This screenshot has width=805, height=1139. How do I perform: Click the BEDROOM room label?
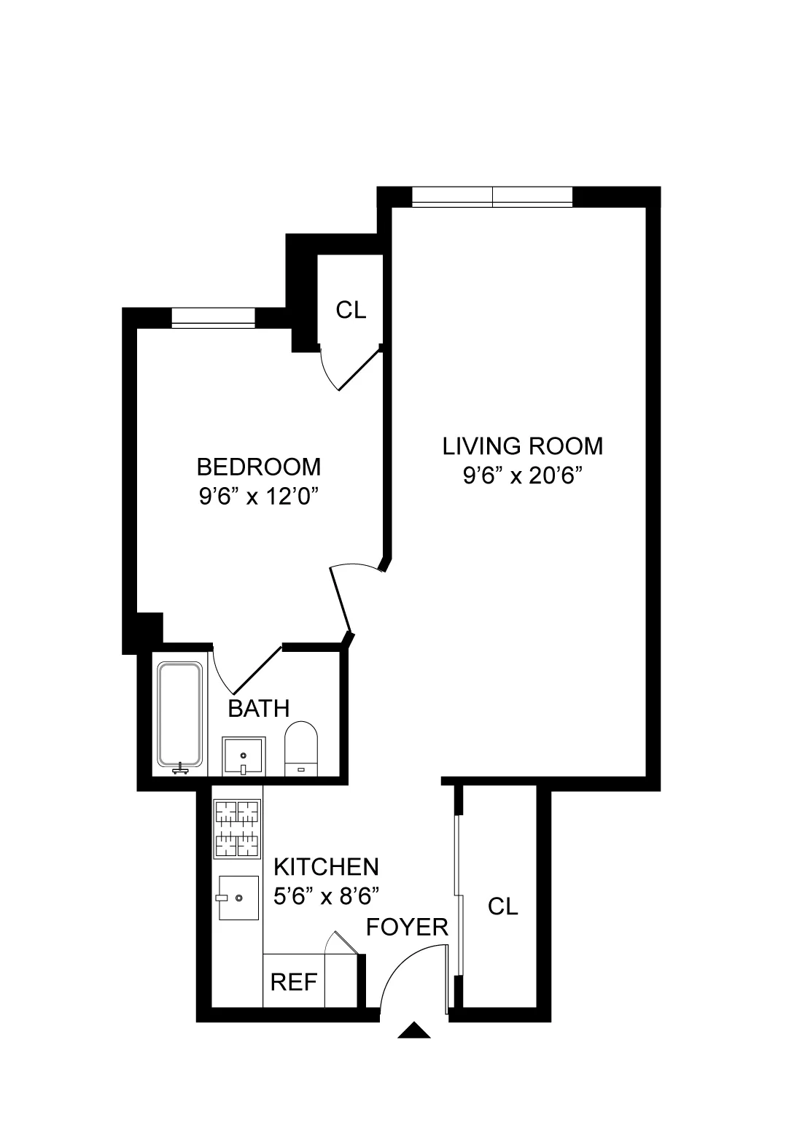coord(259,466)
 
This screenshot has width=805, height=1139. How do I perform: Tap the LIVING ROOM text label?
coord(523,446)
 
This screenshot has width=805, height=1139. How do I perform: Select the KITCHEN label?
coord(326,866)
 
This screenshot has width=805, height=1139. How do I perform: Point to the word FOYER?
coord(407,927)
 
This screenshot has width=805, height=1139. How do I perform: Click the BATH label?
coord(259,708)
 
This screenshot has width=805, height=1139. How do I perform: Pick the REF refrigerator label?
coord(294,982)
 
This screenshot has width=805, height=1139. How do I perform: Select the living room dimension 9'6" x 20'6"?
coord(525,476)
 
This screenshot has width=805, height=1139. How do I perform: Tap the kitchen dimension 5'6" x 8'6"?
coord(326,895)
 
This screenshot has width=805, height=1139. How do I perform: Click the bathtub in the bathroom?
coord(180,715)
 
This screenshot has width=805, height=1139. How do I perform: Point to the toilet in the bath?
coord(301,748)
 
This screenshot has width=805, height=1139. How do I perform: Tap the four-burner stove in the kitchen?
coord(237,829)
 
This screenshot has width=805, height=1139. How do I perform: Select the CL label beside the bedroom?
coord(351,310)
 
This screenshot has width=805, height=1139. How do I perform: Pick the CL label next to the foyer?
coord(502,906)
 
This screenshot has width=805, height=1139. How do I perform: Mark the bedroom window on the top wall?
coord(213,318)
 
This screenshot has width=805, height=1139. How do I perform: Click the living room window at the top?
coord(492,196)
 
